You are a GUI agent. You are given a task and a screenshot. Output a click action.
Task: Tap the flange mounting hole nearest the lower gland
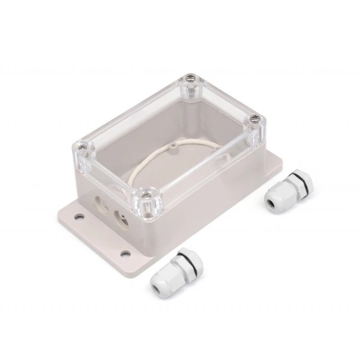125,254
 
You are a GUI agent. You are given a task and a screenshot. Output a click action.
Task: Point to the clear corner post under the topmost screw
191,93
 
